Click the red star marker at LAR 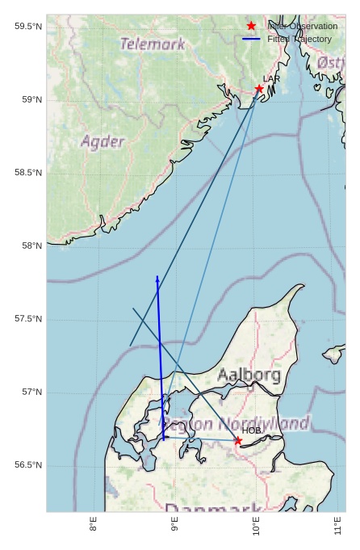259,89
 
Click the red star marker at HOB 238,440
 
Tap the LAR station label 271,79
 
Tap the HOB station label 252,430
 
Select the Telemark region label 153,44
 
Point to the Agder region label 103,142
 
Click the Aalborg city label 249,375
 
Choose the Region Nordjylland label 235,424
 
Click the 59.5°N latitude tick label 28,27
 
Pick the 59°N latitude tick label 31,100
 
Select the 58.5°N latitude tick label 28,173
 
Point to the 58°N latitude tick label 31,246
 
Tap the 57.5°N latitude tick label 28,319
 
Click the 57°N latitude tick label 31,393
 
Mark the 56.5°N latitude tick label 28,465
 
